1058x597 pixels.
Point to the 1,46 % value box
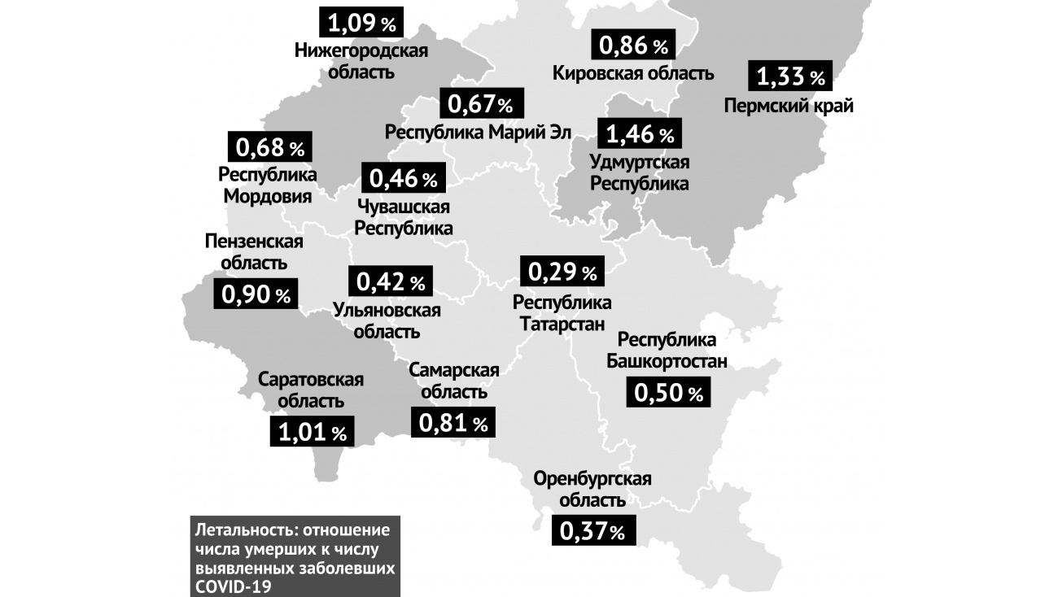coord(639,133)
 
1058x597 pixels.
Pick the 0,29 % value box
coord(563,271)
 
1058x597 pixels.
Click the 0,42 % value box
coord(390,281)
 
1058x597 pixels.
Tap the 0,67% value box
coord(480,104)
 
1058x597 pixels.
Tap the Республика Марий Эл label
coord(479,133)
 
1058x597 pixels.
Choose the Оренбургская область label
coord(592,489)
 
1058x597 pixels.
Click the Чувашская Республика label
coord(403,217)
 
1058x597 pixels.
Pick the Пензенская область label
coord(254,252)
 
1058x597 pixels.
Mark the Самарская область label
coord(453,381)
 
